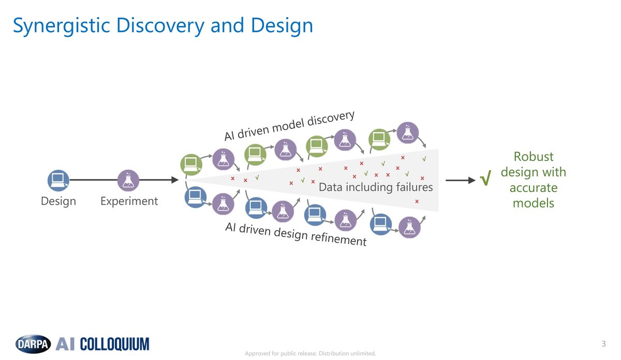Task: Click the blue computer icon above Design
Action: tap(58, 180)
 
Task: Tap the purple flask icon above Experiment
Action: tap(128, 180)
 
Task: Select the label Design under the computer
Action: tap(58, 201)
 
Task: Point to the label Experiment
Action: tap(129, 201)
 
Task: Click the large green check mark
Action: tap(485, 180)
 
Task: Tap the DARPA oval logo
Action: tap(33, 344)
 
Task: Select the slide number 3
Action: tap(603, 344)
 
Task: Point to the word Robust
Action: tap(533, 156)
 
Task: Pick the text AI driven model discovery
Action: tap(289, 125)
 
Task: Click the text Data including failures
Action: tap(375, 187)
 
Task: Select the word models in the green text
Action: tap(533, 203)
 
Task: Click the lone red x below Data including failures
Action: tap(417, 201)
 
